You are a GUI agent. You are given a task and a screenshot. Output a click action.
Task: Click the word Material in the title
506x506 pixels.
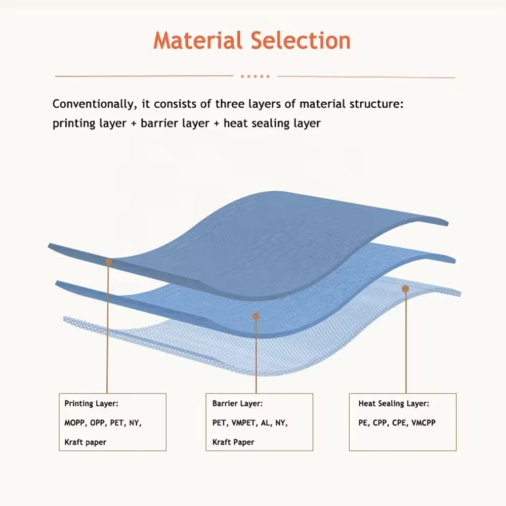coord(198,40)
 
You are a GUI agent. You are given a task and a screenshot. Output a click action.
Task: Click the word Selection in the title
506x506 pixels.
coord(301,40)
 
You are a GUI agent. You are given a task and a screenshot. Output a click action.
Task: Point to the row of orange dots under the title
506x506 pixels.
coord(255,76)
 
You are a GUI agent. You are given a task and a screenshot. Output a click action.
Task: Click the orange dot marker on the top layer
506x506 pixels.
coord(109,262)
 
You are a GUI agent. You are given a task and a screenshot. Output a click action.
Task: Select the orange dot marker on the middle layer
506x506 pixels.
coord(256,316)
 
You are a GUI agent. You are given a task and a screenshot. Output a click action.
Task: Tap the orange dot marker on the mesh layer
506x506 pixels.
coord(406,288)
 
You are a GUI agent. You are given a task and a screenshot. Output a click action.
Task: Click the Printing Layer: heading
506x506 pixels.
coord(91,403)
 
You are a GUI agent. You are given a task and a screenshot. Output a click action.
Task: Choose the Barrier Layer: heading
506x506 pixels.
coord(237,403)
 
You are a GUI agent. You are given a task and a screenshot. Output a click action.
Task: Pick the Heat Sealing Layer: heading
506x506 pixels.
coord(394,403)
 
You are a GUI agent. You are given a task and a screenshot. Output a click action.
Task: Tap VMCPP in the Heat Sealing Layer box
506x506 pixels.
coord(424,423)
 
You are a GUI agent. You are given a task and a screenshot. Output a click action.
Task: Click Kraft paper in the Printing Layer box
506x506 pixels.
coord(85,442)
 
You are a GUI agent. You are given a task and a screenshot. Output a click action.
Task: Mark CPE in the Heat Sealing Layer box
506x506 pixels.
coord(400,423)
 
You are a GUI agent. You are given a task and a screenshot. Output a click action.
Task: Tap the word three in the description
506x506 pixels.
coord(230,104)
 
